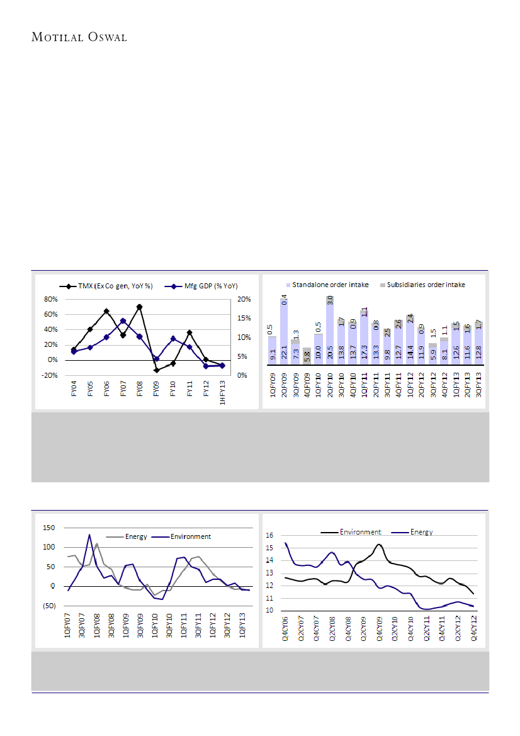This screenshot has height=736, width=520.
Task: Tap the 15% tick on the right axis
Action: [245, 319]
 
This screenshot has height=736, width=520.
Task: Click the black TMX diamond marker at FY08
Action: [139, 307]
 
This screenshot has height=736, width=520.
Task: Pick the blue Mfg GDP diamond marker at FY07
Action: [123, 321]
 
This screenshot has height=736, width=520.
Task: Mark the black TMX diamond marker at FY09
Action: [156, 370]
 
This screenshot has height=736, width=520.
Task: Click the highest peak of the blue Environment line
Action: [89, 535]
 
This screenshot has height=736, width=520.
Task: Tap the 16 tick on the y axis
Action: [270, 535]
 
